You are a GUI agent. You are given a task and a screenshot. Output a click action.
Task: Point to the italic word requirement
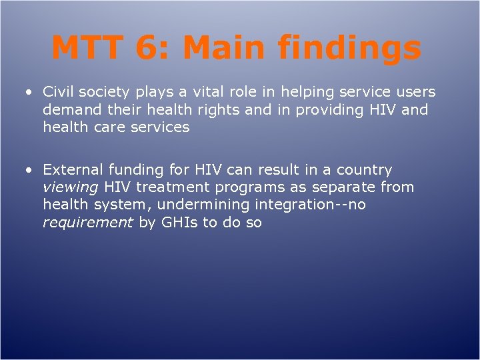point(88,222)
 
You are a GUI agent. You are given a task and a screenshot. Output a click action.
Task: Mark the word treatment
point(171,187)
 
